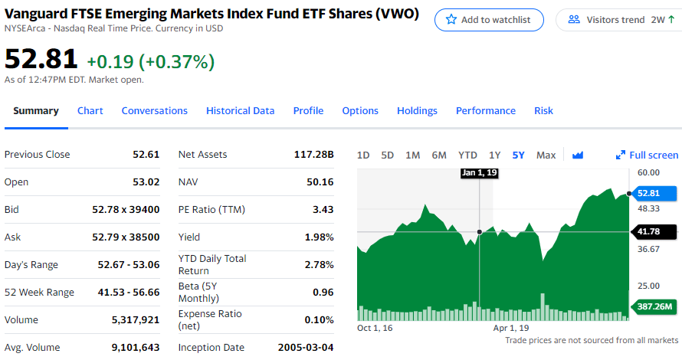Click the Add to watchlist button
pos(489,20)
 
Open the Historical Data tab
pos(240,111)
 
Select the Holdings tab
pos(417,111)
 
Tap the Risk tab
pos(543,111)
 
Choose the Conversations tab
pos(154,111)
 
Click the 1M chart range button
pos(412,155)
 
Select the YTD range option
pos(467,155)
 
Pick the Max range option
pos(546,155)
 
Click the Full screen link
pos(647,155)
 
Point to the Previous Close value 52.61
pos(146,155)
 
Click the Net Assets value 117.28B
pos(314,155)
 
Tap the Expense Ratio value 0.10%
pos(319,320)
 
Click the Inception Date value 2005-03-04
pos(306,348)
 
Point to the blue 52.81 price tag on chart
pos(654,193)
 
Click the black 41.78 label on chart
pos(654,231)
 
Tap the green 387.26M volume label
pos(654,307)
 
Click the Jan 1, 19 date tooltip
pos(480,173)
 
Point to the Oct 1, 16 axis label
pos(375,328)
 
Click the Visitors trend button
pos(618,20)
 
